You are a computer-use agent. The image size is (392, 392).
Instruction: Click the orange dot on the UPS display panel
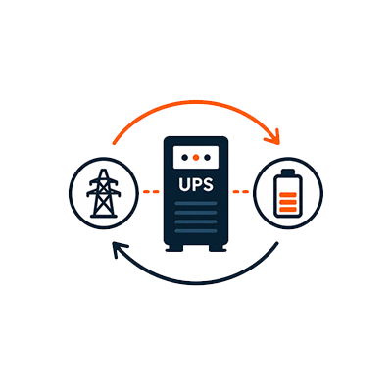pyautogui.click(x=196, y=158)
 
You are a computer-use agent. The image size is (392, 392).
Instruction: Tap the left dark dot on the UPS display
pyautogui.click(x=184, y=158)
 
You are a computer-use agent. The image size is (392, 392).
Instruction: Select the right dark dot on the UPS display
pyautogui.click(x=207, y=158)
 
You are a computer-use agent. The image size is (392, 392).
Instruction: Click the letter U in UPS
pyautogui.click(x=183, y=184)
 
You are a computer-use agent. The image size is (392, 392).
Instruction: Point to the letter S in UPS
pyautogui.click(x=208, y=184)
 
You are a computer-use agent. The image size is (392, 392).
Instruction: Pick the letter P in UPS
pyautogui.click(x=196, y=184)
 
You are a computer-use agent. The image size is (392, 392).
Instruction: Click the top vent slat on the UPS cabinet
pyautogui.click(x=196, y=203)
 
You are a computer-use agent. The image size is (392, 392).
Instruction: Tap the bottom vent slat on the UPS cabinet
pyautogui.click(x=196, y=231)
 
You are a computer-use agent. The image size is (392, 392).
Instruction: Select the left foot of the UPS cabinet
pyautogui.click(x=174, y=249)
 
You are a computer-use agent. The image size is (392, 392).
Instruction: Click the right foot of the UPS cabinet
pyautogui.click(x=218, y=249)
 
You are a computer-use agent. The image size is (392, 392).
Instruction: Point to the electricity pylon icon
pyautogui.click(x=104, y=193)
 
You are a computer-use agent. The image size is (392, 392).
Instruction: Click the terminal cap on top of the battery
pyautogui.click(x=288, y=171)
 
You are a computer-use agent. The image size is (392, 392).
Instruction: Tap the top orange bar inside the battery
pyautogui.click(x=288, y=195)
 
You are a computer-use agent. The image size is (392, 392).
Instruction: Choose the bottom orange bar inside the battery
pyautogui.click(x=288, y=209)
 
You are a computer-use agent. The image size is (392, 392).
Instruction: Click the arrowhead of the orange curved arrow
pyautogui.click(x=273, y=137)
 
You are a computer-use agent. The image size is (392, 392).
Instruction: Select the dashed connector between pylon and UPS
pyautogui.click(x=151, y=192)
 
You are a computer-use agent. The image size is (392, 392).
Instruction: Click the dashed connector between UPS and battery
pyautogui.click(x=241, y=192)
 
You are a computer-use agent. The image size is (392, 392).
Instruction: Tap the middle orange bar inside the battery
pyautogui.click(x=288, y=202)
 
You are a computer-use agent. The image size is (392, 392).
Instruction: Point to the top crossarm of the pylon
pyautogui.click(x=104, y=181)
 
